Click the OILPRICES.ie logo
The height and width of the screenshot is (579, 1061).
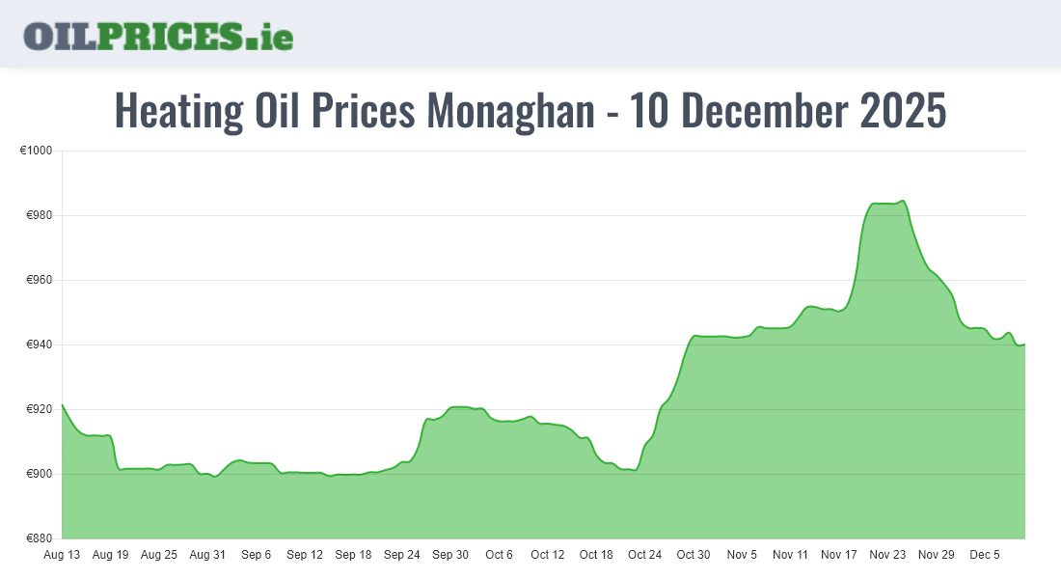click(158, 36)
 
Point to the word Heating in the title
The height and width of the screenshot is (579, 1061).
click(178, 111)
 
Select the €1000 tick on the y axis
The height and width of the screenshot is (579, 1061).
click(36, 151)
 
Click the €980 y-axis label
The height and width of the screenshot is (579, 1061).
click(40, 215)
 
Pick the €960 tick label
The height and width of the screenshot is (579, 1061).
click(40, 280)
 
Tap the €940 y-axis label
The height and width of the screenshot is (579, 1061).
click(40, 345)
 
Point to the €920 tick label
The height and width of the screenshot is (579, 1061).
click(40, 409)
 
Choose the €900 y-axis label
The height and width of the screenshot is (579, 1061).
click(40, 474)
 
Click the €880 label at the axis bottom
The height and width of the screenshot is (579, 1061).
click(40, 538)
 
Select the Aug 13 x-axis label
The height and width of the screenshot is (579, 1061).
click(62, 555)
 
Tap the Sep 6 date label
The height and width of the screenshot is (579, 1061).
click(257, 555)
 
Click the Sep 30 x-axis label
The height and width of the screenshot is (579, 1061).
click(450, 555)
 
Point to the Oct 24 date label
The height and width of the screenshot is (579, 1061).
click(645, 555)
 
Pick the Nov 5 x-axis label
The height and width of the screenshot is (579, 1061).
click(743, 555)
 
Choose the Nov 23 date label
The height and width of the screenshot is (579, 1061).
click(888, 555)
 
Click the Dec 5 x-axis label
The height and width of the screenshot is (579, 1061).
click(986, 555)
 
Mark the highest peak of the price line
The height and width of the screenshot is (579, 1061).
click(902, 201)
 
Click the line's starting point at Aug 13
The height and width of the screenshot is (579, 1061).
click(62, 404)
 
